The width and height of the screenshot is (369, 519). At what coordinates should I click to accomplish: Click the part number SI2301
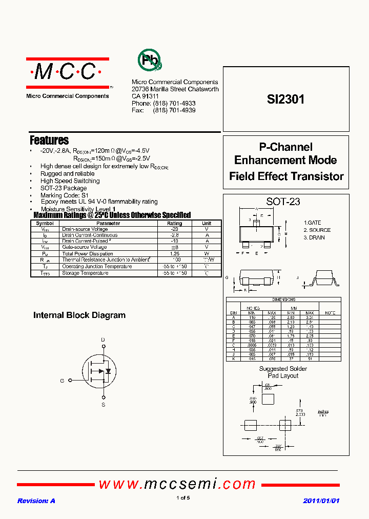[285, 99]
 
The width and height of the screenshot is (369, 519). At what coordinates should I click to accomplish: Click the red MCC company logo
[68, 73]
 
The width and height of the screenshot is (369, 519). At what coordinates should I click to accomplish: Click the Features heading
[49, 140]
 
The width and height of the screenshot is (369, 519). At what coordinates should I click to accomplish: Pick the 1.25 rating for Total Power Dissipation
[174, 254]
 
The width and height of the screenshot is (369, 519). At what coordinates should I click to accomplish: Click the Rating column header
[174, 224]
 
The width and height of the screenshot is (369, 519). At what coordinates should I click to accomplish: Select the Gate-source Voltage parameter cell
[85, 247]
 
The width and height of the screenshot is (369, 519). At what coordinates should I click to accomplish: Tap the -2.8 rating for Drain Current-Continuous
[174, 235]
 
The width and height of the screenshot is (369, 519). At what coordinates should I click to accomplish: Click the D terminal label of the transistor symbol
[103, 340]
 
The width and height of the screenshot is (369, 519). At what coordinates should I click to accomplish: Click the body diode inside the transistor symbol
[108, 371]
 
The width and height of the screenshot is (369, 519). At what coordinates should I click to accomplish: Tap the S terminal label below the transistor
[103, 405]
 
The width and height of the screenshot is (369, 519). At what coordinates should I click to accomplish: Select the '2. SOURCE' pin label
[317, 230]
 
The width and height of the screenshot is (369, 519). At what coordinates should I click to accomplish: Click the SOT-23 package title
[283, 202]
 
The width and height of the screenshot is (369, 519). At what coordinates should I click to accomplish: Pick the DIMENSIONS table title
[283, 300]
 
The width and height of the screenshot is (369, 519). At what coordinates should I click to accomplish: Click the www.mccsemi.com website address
[177, 484]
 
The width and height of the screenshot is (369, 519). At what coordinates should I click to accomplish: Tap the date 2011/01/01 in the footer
[321, 501]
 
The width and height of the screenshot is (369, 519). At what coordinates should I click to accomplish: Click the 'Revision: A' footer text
[36, 501]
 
